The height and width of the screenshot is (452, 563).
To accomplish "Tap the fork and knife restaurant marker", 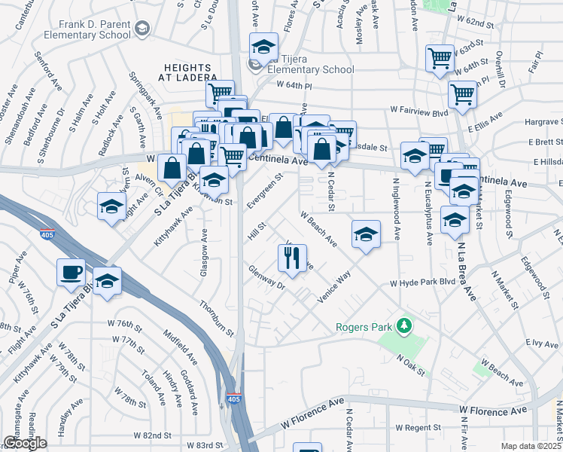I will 291,258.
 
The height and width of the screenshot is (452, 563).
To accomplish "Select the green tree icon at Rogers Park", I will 405,325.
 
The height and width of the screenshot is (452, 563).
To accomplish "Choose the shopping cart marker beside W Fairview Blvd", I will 462,96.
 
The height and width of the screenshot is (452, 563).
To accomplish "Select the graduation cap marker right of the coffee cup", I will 108,280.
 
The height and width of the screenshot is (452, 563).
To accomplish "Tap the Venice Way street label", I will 334,287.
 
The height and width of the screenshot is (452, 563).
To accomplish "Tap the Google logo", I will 25,443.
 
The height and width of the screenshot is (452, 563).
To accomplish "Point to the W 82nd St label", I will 148,435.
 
